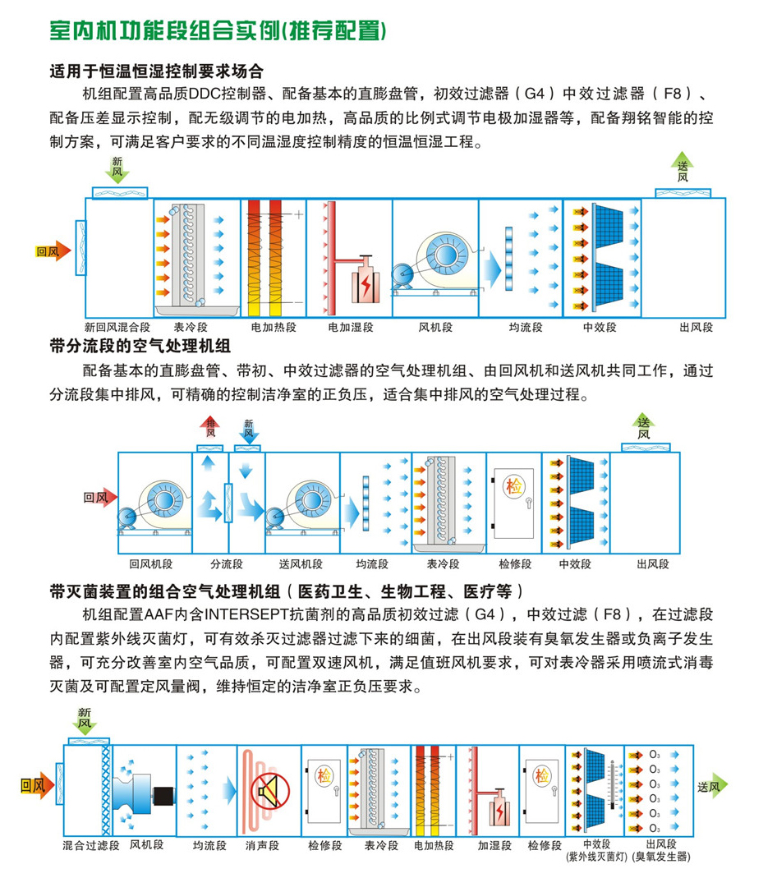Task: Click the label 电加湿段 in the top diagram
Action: point(351,327)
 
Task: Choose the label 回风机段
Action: point(150,564)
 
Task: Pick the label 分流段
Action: point(227,564)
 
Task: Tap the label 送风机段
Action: point(301,564)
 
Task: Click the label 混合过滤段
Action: point(91,844)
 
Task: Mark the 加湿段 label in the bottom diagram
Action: point(494,844)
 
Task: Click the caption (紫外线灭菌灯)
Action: point(597,857)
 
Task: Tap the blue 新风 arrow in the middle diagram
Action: point(249,429)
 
